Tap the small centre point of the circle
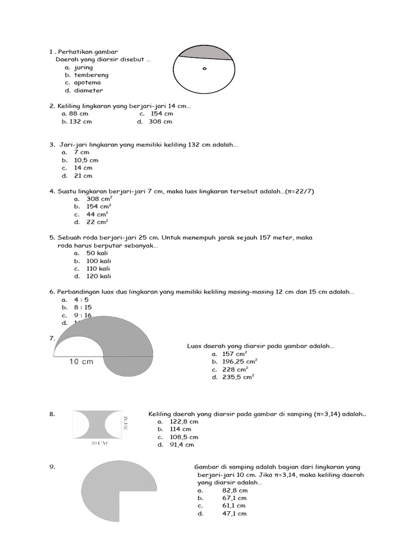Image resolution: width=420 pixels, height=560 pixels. (x=205, y=69)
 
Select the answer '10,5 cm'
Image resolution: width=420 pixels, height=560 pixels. (x=86, y=160)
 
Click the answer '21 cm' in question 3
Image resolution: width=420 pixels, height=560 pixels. (x=83, y=176)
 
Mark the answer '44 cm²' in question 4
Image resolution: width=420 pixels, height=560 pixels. (x=98, y=214)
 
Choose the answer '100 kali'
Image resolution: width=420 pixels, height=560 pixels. (x=98, y=261)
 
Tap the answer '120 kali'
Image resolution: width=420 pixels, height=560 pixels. (x=98, y=276)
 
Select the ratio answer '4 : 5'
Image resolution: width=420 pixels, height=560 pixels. (x=82, y=300)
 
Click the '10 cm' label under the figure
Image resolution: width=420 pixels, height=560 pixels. (x=81, y=361)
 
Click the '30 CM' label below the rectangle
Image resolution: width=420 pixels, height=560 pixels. (x=99, y=444)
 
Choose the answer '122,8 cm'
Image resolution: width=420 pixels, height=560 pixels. (x=184, y=422)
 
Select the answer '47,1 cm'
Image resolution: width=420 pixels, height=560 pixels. (x=234, y=514)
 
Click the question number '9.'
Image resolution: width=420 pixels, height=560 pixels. (x=52, y=466)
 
